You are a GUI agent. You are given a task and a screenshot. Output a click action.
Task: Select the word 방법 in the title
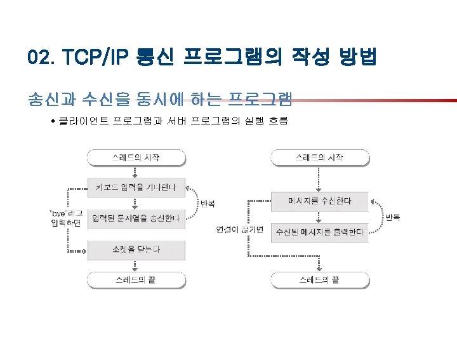(x=357, y=59)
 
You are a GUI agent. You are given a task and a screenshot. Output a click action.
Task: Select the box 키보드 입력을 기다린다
(x=136, y=187)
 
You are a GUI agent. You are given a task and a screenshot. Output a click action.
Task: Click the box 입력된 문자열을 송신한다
(x=136, y=219)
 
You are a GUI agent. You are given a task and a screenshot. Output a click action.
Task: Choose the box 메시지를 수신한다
(x=319, y=201)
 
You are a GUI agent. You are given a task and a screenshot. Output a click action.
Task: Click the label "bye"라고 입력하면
(x=67, y=217)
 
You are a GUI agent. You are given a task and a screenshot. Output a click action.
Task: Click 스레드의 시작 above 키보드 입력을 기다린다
(x=136, y=156)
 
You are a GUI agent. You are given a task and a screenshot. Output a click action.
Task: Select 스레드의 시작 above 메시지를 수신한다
(x=319, y=156)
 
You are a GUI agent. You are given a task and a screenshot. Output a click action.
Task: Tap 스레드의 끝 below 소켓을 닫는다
(x=136, y=279)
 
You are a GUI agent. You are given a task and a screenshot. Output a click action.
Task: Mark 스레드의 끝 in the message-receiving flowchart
(x=319, y=279)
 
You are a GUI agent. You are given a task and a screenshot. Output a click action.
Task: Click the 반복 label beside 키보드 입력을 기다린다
(x=208, y=204)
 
